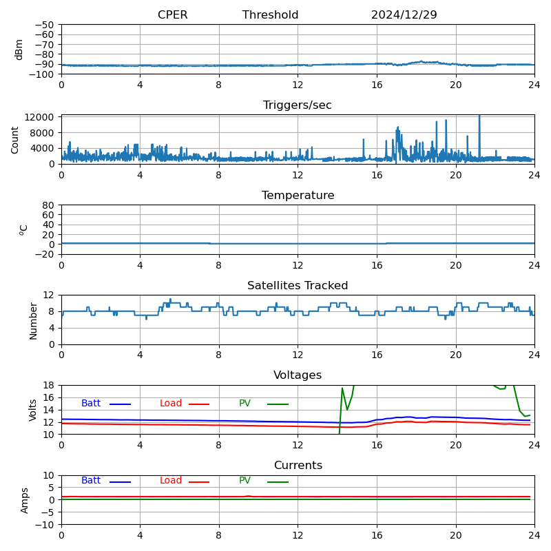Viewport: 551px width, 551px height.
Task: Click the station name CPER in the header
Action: (172, 15)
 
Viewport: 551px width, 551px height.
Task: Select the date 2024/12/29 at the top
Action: (404, 15)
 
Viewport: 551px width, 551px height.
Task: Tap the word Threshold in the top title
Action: (270, 15)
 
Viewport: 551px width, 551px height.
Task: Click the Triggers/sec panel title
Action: (298, 105)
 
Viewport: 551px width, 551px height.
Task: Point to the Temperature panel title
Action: (298, 196)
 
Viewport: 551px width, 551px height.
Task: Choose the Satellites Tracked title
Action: (298, 286)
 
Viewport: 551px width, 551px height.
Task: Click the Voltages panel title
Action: (298, 375)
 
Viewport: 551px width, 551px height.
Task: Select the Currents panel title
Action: (298, 466)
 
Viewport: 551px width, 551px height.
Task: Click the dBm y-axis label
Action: (19, 49)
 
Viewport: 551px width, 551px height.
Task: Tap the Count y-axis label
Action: (15, 139)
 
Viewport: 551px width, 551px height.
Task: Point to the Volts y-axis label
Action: (33, 410)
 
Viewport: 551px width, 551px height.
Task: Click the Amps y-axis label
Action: (25, 500)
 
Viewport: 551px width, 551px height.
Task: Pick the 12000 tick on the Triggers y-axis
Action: (41, 118)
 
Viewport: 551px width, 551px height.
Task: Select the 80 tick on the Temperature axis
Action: (49, 205)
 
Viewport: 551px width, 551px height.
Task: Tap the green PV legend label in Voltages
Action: (245, 404)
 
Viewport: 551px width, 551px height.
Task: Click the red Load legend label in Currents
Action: (171, 481)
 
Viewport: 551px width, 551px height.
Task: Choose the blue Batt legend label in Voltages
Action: (91, 404)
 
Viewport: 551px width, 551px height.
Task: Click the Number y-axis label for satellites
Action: (33, 320)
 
